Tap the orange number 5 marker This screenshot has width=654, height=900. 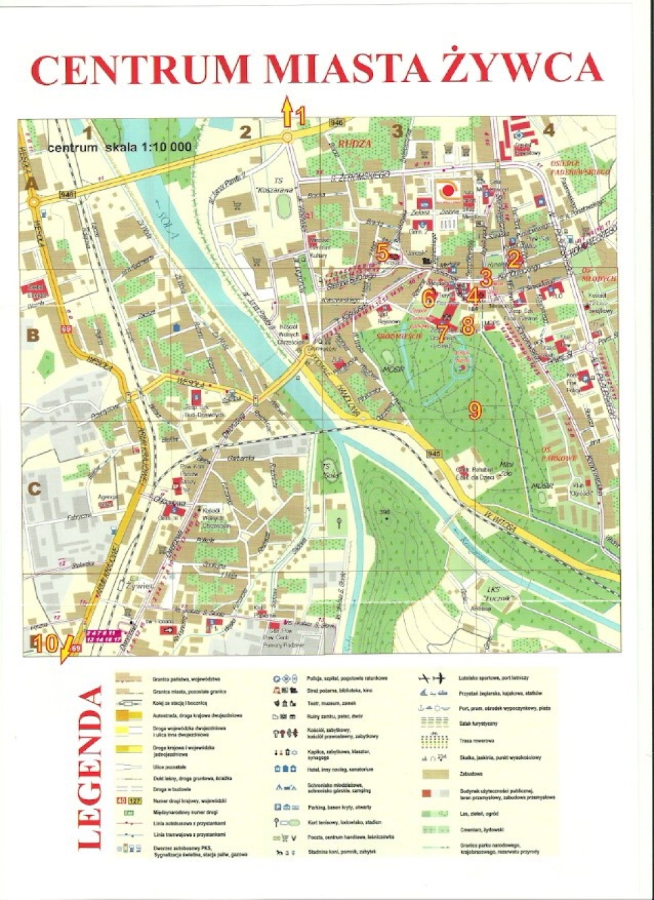point(383,253)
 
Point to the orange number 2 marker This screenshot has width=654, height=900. point(512,258)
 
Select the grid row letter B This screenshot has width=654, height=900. point(32,336)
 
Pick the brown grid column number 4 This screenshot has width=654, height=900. point(548,130)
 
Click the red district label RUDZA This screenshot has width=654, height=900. point(355,143)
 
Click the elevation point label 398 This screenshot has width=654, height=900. point(384,511)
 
